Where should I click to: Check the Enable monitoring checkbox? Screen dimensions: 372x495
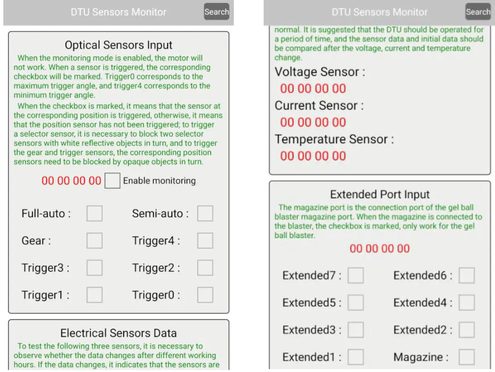click(112, 181)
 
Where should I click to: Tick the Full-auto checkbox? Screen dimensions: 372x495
click(94, 214)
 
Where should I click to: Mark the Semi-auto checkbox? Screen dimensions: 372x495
click(205, 214)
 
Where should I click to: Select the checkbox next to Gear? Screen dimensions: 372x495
click(94, 241)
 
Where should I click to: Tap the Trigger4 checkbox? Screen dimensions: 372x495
click(205, 241)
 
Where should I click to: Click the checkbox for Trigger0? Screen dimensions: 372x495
click(205, 295)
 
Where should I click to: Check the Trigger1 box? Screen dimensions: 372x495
click(94, 295)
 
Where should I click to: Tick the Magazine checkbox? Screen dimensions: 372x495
click(466, 357)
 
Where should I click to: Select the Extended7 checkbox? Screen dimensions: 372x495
click(356, 276)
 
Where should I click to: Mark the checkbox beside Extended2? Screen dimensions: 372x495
click(466, 330)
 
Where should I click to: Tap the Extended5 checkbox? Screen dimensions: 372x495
click(356, 303)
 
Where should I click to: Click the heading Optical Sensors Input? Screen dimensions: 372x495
click(118, 45)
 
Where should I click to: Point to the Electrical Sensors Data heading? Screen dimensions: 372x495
click(118, 333)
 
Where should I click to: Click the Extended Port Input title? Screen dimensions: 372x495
click(380, 194)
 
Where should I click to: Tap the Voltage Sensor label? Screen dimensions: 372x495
click(320, 72)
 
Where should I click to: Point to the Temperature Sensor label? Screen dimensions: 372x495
click(334, 139)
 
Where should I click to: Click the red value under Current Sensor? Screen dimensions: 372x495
click(313, 122)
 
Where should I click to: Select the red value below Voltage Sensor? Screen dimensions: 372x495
click(313, 89)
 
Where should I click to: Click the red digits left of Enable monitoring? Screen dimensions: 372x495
click(71, 181)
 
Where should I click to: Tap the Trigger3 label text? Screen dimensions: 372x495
click(46, 268)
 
